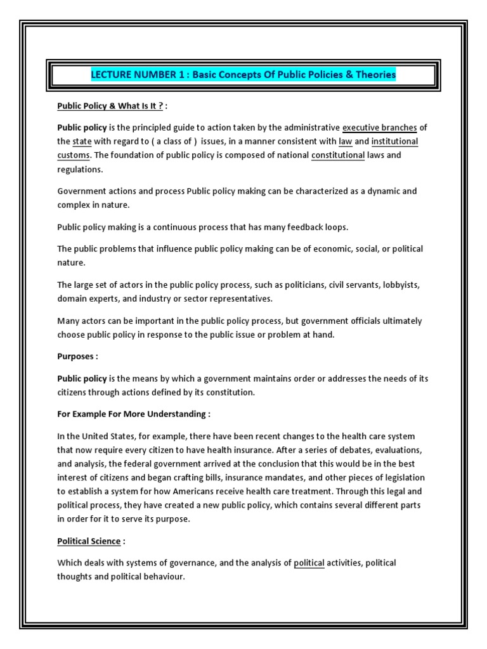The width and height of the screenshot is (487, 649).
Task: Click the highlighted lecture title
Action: click(243, 75)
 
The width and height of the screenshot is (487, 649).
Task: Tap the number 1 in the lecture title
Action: click(180, 75)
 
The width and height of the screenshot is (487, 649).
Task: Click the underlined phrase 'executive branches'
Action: click(379, 127)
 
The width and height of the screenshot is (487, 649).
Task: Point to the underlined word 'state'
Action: click(82, 141)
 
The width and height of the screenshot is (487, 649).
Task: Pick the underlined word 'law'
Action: click(345, 141)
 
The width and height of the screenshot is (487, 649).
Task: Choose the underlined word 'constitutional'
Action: click(338, 155)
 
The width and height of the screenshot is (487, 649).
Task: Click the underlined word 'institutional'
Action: click(394, 141)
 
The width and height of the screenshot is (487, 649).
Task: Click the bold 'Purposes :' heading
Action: click(78, 356)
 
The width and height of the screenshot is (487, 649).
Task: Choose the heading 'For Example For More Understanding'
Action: click(133, 414)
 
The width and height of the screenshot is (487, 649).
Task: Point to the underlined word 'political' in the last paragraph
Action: click(309, 563)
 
